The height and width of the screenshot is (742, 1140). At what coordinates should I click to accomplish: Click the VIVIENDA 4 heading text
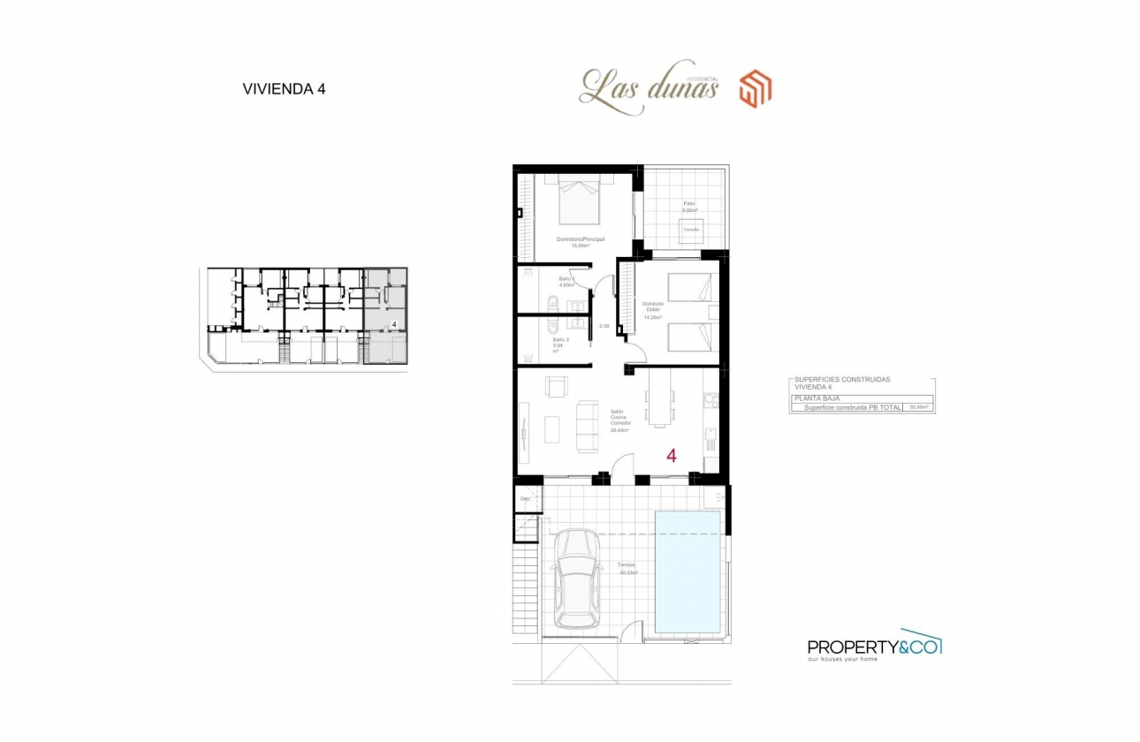tap(284, 88)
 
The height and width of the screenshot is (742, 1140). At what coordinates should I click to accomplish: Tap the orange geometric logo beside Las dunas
tap(757, 89)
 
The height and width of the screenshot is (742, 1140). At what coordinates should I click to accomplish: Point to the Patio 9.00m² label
tap(689, 208)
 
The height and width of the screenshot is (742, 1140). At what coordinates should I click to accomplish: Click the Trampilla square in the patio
tap(690, 229)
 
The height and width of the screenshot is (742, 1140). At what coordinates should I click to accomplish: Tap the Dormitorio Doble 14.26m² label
tap(652, 310)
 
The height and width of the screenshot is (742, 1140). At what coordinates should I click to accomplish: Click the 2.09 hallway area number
tap(604, 327)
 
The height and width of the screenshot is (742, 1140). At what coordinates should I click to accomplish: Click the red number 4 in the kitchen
tap(672, 456)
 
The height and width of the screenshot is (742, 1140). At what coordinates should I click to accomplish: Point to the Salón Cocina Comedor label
tap(620, 420)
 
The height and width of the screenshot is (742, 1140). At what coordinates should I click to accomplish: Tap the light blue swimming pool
tap(688, 572)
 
